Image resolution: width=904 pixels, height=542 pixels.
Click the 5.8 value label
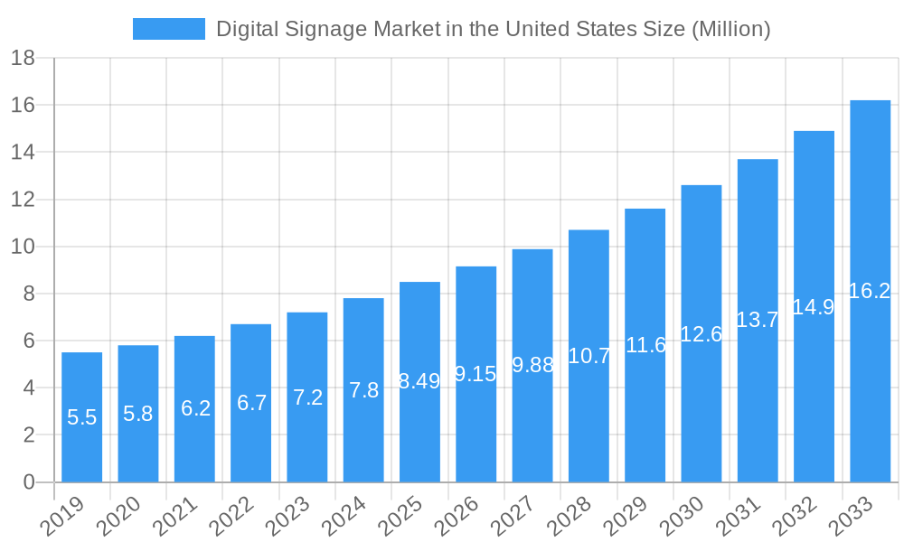[x=138, y=414]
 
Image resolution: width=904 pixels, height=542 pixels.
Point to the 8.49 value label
[x=419, y=381]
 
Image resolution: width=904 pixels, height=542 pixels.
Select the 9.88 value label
[x=532, y=365]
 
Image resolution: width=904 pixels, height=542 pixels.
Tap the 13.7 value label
[x=758, y=319]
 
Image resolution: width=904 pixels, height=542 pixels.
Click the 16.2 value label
[x=870, y=290]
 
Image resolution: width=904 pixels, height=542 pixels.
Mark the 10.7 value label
[x=589, y=356]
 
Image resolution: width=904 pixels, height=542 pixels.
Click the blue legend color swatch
[x=169, y=29]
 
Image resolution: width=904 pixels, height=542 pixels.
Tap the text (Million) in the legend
[x=730, y=29]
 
